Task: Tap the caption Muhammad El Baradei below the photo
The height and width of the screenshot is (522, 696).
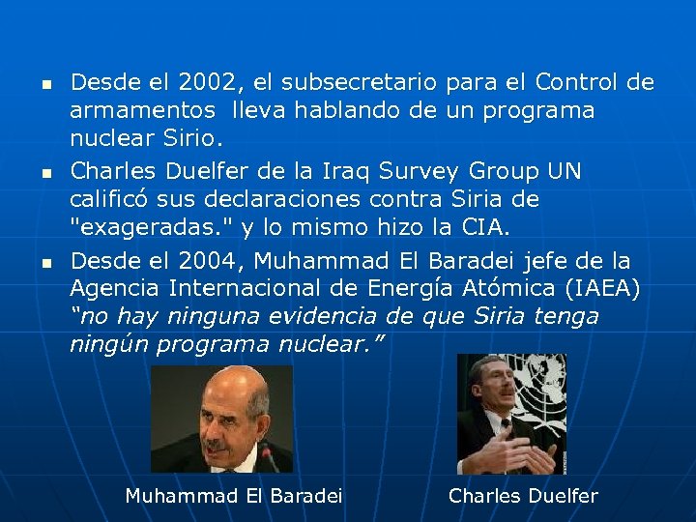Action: click(234, 496)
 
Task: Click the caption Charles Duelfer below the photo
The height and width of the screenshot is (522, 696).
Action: click(523, 496)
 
